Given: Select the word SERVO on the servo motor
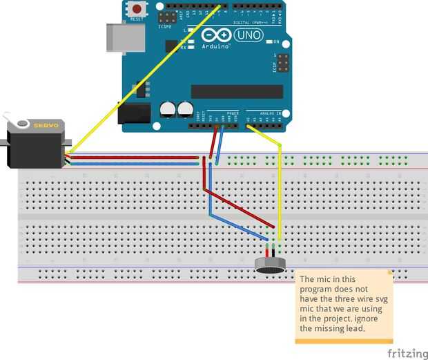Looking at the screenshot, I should pyautogui.click(x=47, y=124).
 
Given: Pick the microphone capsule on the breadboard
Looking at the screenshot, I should pyautogui.click(x=270, y=265).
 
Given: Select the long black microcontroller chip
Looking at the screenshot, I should pyautogui.click(x=237, y=91).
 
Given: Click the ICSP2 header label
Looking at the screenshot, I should pyautogui.click(x=166, y=26).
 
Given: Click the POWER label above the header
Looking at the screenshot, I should pyautogui.click(x=231, y=113).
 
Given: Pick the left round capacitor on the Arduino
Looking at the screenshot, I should pyautogui.click(x=168, y=109).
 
